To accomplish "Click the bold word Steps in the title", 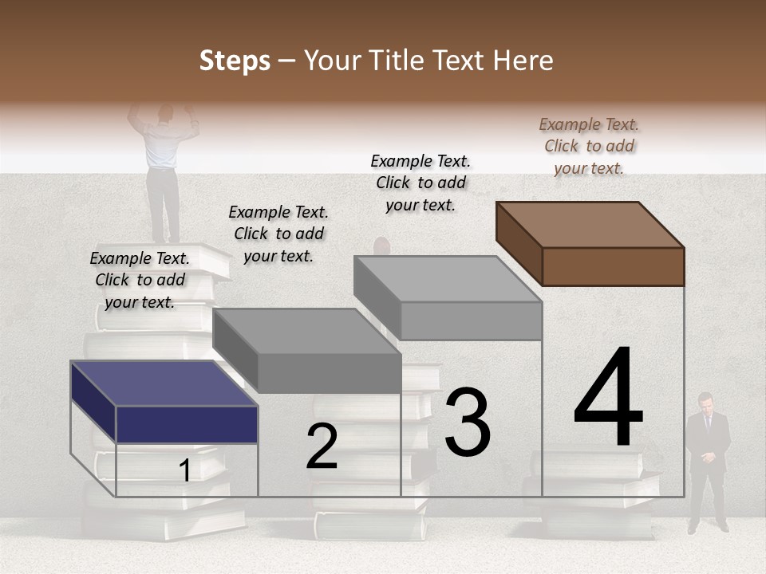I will (x=235, y=61).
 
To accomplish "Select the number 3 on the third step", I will (x=468, y=422).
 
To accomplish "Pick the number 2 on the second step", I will (x=322, y=446).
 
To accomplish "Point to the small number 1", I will (x=184, y=471).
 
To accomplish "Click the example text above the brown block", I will (x=589, y=146).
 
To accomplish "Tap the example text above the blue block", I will (x=140, y=280).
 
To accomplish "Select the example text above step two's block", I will (x=278, y=234).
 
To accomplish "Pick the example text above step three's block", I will (x=421, y=183).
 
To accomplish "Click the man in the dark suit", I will (x=707, y=462).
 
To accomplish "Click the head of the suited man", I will (x=705, y=401).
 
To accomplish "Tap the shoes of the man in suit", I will (x=709, y=526).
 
